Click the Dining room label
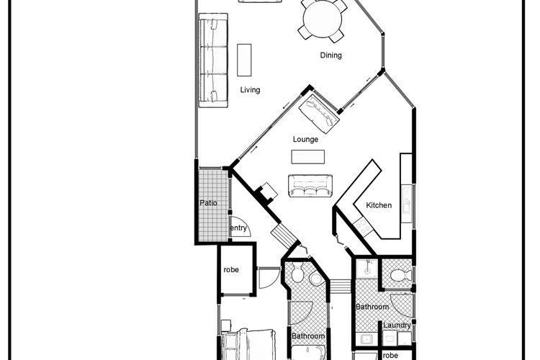tap(330, 55)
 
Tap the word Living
tap(250, 90)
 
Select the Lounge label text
tap(305, 140)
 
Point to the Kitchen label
tap(379, 205)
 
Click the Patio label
tap(208, 203)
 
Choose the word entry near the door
tap(238, 228)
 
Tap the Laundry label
tap(397, 325)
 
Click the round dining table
tap(323, 19)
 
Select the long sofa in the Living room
tap(214, 60)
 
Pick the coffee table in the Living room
tap(244, 60)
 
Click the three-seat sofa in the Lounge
tap(310, 186)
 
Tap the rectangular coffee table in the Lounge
tap(308, 157)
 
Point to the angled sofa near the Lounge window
tap(319, 114)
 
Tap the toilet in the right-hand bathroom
tap(400, 275)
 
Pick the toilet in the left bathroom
tap(297, 272)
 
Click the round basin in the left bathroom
tap(315, 279)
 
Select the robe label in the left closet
tap(231, 270)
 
